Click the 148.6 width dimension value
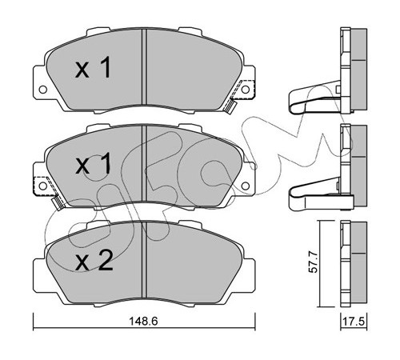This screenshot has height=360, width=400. click(143, 321)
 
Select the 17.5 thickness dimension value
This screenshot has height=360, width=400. click(354, 322)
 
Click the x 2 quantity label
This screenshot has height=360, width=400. click(94, 262)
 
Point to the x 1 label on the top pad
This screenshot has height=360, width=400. click(92, 69)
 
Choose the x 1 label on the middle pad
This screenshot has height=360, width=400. click(92, 165)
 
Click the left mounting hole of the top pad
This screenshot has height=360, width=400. click(42, 90)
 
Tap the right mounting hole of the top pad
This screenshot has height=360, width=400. click(246, 90)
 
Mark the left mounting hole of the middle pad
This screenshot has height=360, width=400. click(42, 186)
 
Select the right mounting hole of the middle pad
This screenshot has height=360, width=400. click(246, 186)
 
